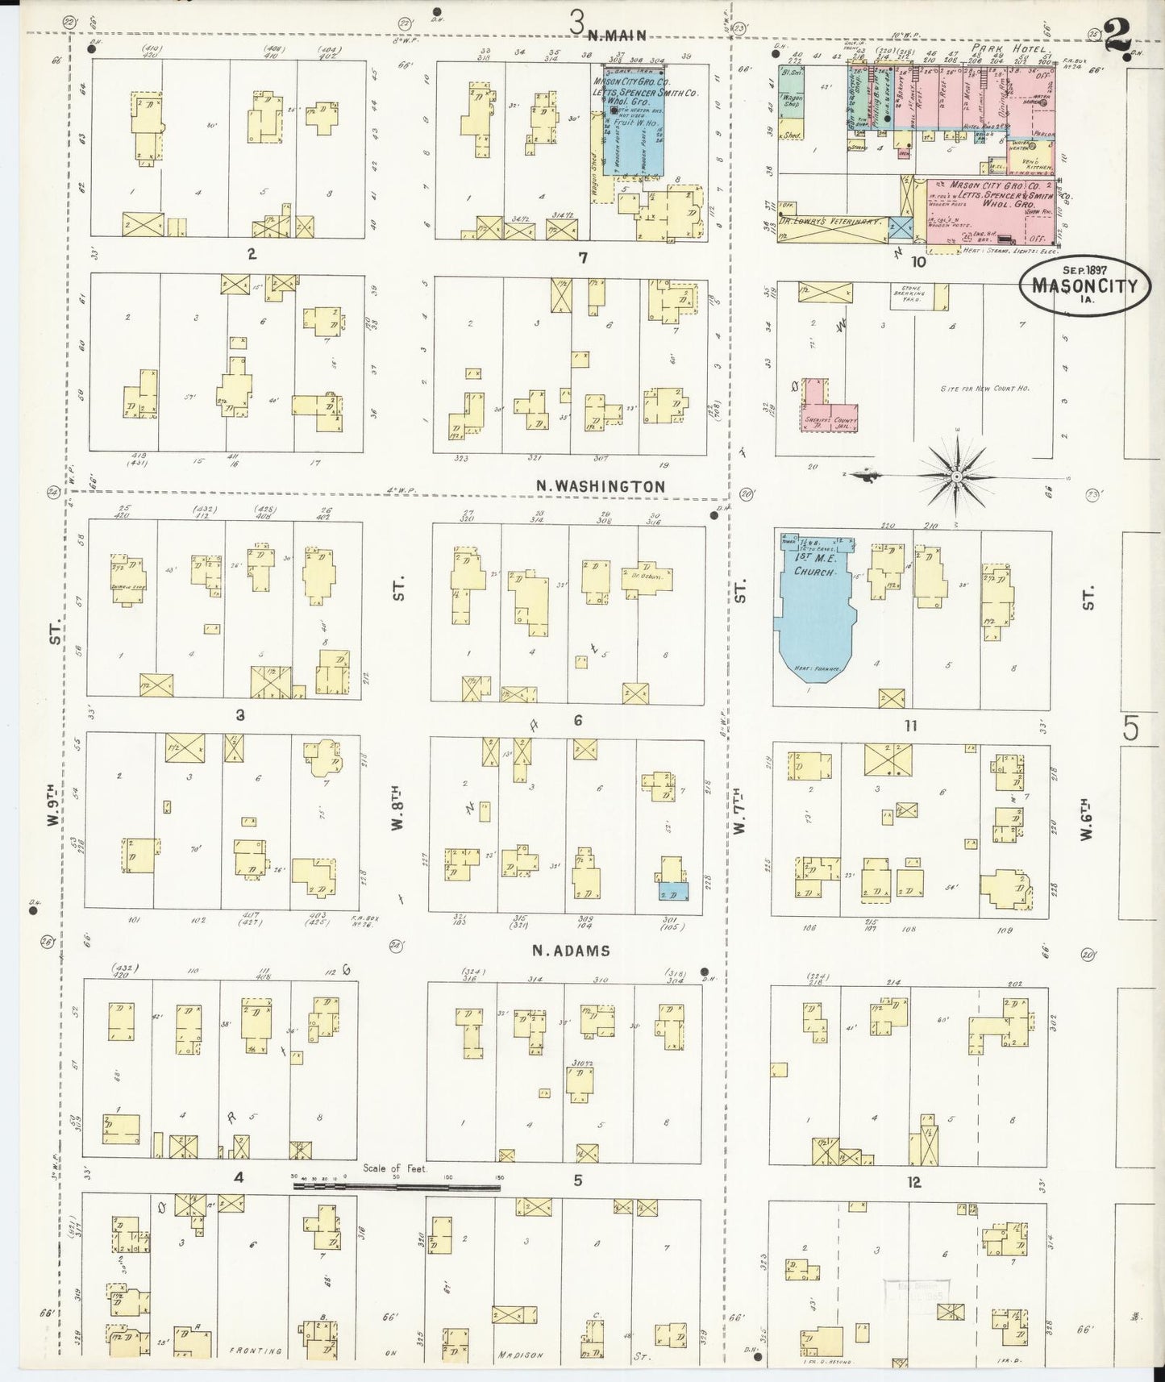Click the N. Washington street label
601,486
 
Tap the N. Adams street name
570,951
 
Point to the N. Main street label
619,33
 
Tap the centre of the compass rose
956,477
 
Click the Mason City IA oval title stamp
1085,285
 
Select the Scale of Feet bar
397,1186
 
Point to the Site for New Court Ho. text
984,388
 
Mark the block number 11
910,726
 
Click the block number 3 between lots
239,714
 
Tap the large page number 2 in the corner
1117,36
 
